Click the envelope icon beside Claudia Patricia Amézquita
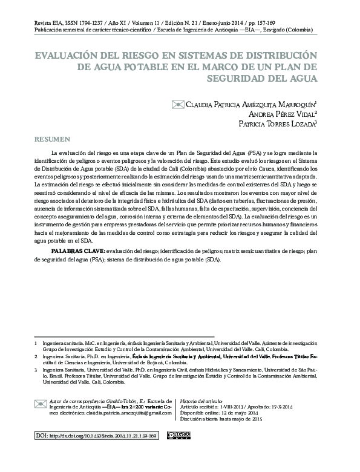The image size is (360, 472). [x=178, y=103]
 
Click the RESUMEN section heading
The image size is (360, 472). [x=53, y=139]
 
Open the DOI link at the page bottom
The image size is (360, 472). [x=96, y=436]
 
